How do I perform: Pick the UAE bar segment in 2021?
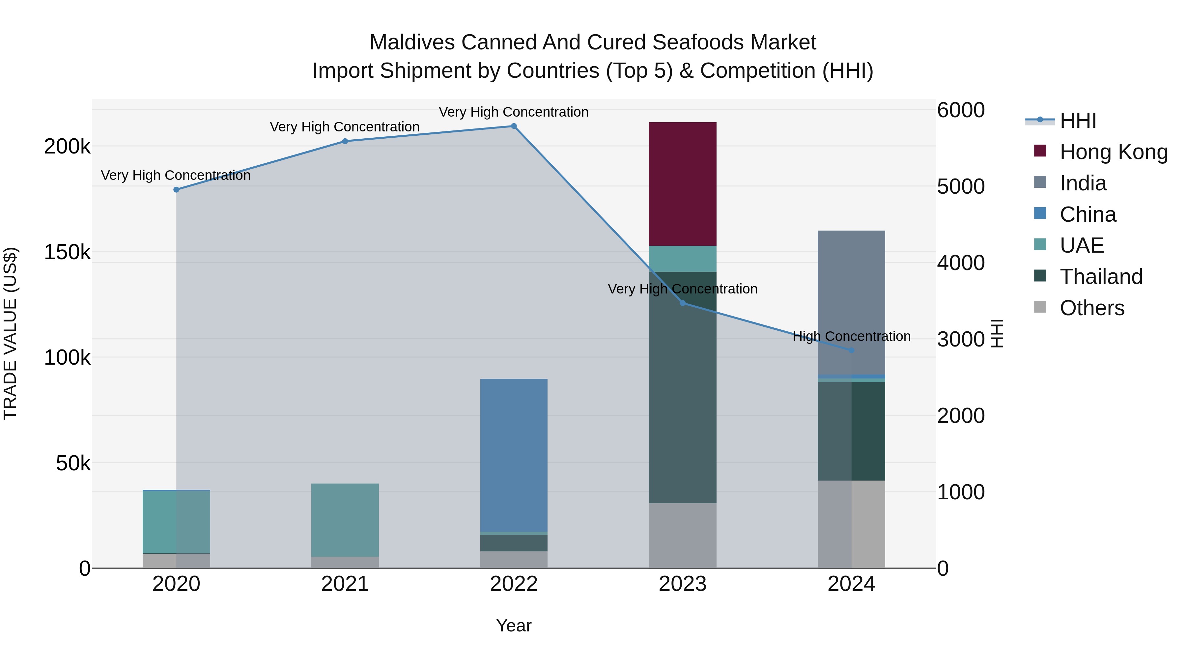point(345,520)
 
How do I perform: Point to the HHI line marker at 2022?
point(514,126)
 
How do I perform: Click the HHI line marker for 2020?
point(176,190)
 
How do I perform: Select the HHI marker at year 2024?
point(851,350)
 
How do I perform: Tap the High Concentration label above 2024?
point(851,337)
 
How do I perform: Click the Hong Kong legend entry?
point(1113,152)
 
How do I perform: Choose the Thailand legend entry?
point(1101,277)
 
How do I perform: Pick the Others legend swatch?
point(1040,307)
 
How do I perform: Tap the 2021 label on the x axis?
point(345,584)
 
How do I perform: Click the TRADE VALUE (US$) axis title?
point(10,333)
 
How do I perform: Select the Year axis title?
point(514,625)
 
